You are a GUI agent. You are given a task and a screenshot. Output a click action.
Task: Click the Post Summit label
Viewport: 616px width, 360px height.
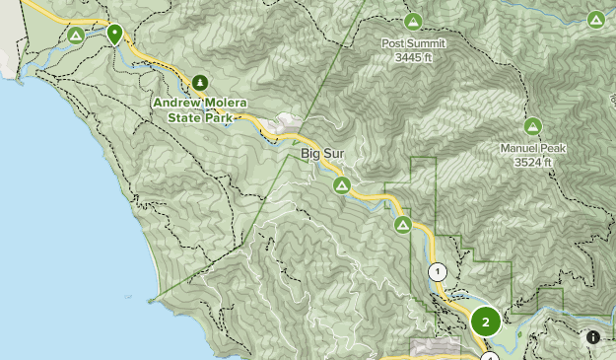[x=413, y=43]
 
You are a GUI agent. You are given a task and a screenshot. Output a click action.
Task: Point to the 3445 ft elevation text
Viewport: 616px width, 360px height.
[x=413, y=57]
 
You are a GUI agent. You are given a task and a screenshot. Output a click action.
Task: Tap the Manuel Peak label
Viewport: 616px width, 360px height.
[x=532, y=149]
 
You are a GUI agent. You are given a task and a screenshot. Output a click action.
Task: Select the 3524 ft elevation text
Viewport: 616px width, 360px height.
[x=532, y=162]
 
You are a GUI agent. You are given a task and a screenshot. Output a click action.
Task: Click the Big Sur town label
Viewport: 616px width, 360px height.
[x=321, y=155]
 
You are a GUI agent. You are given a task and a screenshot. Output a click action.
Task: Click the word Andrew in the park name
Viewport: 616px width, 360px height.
[x=178, y=103]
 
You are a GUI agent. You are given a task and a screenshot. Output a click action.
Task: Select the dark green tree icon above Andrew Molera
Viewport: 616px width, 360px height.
[x=200, y=83]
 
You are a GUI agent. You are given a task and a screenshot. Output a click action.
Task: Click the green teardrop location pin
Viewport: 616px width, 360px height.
[x=114, y=35]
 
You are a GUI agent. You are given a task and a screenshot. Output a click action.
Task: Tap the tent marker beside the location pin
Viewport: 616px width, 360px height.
[x=76, y=36]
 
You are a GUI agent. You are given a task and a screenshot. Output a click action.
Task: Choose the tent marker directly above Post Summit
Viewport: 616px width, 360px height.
[x=413, y=21]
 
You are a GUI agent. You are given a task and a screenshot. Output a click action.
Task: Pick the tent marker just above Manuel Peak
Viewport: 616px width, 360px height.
[x=532, y=126]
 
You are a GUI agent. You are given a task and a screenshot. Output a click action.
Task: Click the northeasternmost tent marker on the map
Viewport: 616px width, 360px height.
[x=595, y=19]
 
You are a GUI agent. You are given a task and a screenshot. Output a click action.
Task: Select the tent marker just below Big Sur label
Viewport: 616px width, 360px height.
[x=341, y=184]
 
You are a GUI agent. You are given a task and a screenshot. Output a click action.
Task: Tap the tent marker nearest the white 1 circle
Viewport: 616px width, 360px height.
[x=403, y=226]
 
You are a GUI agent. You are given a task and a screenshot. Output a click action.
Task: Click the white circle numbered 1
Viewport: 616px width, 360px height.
[x=438, y=272]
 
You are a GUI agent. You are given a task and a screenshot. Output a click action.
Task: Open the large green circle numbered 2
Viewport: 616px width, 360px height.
[x=485, y=322]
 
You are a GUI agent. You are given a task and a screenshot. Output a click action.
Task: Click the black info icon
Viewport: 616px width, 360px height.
[x=593, y=337]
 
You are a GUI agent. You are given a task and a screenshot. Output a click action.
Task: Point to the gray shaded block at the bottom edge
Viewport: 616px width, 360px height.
[x=435, y=349]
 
